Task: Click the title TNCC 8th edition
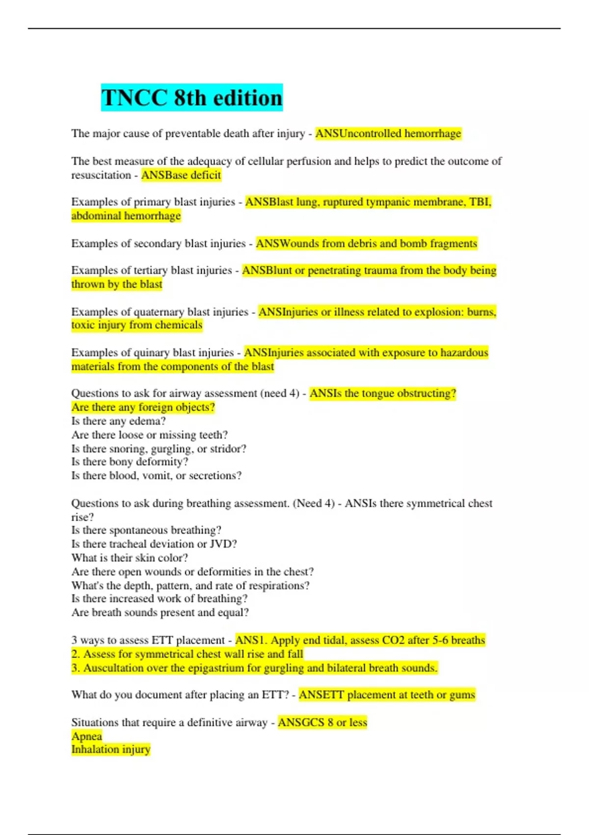(x=192, y=98)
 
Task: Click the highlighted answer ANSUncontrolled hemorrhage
(x=388, y=134)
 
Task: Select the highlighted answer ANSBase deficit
(x=181, y=175)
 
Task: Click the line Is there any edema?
(x=118, y=421)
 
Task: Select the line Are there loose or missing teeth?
(x=149, y=435)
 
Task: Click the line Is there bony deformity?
(x=130, y=462)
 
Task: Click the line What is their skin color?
(x=130, y=557)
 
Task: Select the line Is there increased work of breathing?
(x=159, y=598)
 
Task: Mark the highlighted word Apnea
(x=86, y=736)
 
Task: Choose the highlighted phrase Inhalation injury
(x=110, y=749)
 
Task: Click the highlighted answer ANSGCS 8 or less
(x=322, y=722)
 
